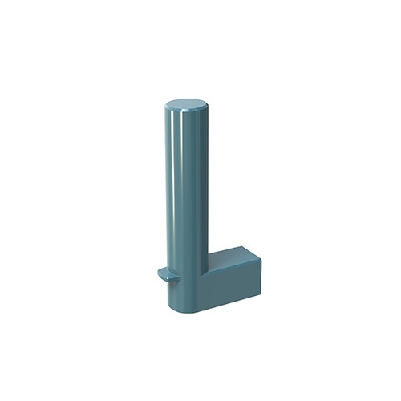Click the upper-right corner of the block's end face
pos(264,257)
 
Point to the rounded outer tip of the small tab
pos(158,275)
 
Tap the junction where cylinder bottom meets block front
pos(205,305)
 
